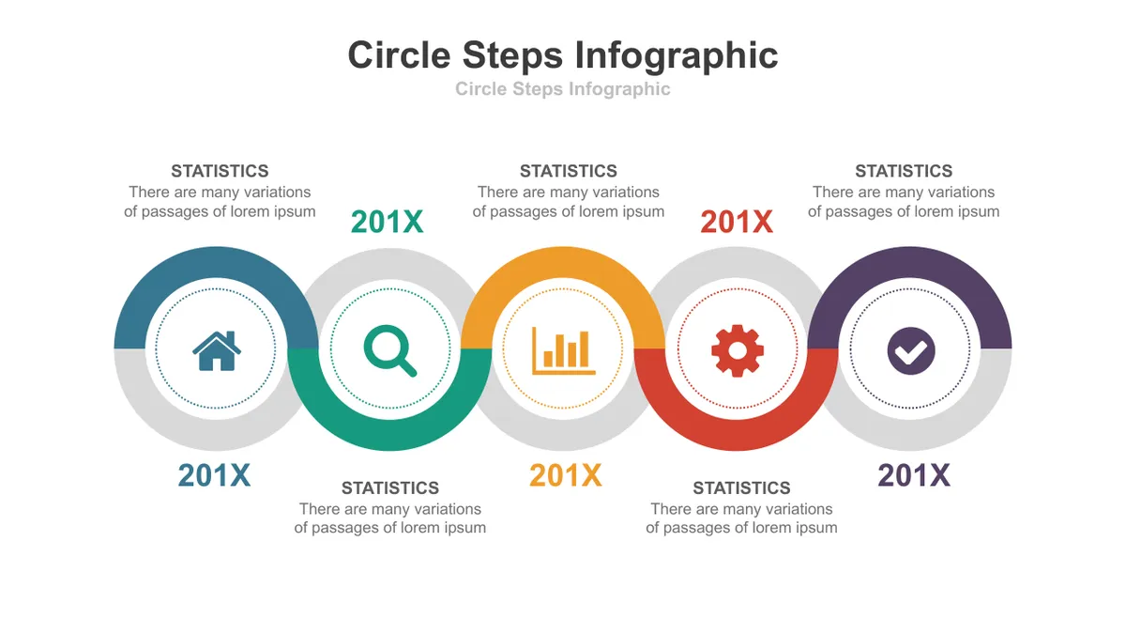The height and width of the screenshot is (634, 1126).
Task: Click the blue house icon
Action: [217, 350]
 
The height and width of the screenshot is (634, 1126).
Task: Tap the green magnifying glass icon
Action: [390, 350]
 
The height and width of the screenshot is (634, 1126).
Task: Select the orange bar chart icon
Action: [564, 350]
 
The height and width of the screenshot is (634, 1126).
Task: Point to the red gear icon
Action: [738, 350]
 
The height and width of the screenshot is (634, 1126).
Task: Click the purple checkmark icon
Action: [911, 350]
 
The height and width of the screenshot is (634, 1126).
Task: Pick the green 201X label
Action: [387, 222]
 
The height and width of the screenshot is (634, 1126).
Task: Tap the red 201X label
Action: [737, 222]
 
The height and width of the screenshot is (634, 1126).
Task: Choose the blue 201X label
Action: [214, 475]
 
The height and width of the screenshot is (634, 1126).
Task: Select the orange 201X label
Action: [566, 475]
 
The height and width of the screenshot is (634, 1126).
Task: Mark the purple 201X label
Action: [914, 475]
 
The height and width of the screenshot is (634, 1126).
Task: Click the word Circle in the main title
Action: [399, 54]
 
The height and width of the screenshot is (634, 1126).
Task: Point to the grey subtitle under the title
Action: [562, 88]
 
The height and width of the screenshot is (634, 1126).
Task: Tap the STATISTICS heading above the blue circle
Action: [220, 171]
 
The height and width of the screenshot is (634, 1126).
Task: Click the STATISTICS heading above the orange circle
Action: [569, 171]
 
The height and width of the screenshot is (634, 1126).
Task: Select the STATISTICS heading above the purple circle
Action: [904, 171]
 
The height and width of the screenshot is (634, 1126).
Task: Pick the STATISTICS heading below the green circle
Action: [390, 488]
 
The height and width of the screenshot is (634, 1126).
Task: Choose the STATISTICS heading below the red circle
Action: [741, 488]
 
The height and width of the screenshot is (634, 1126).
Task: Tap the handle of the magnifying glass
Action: [406, 367]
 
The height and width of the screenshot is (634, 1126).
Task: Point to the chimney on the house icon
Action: [231, 337]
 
